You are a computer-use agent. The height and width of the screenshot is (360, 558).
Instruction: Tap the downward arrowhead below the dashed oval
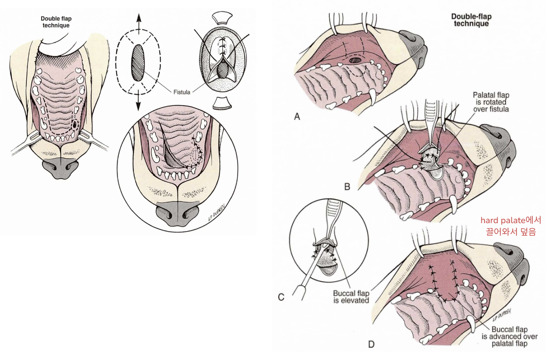[x=138, y=107]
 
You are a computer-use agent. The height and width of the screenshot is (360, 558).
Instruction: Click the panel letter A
[x=297, y=117]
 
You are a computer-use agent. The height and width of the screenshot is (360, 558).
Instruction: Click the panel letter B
[x=347, y=187]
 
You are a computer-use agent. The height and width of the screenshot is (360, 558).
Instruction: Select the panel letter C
[x=281, y=298]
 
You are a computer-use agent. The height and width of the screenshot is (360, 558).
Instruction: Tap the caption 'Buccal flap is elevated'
[x=351, y=297]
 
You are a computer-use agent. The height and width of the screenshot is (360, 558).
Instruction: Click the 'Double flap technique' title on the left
[x=55, y=22]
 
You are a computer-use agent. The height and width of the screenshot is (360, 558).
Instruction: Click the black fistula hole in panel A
[x=356, y=61]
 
